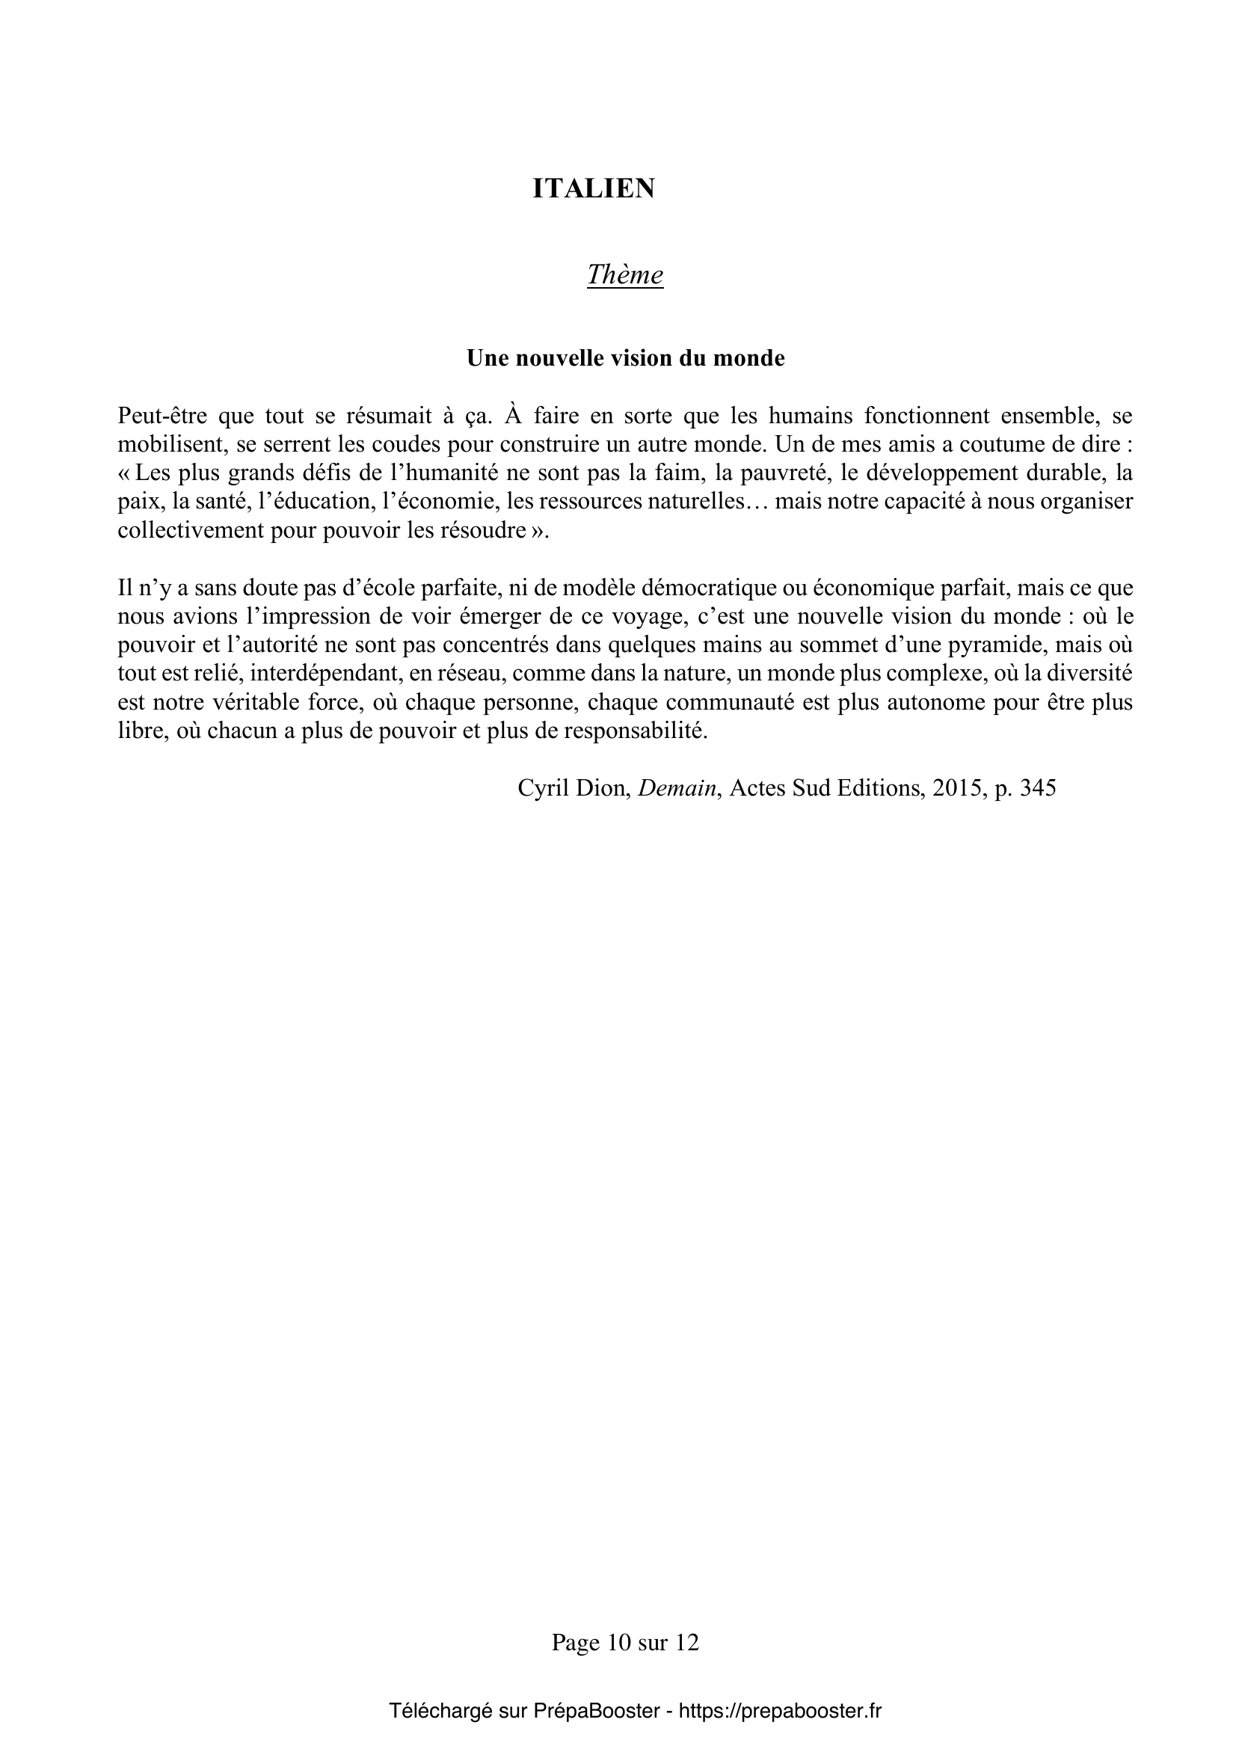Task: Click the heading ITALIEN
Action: [593, 189]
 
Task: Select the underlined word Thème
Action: [624, 275]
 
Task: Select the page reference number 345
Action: [1038, 788]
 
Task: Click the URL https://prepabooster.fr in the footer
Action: [780, 1711]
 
